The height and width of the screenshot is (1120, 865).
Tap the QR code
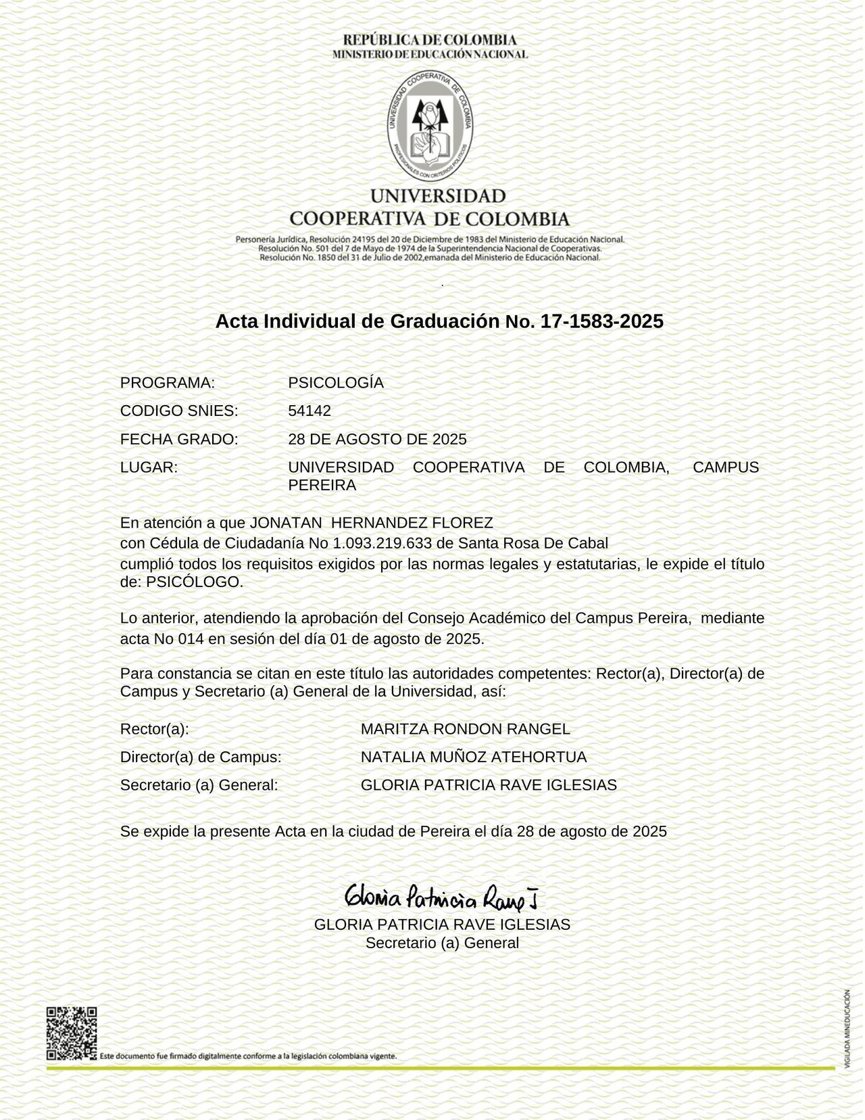click(x=71, y=1033)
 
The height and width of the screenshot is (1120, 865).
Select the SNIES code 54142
click(x=310, y=411)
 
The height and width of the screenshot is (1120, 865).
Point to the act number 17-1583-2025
click(x=602, y=321)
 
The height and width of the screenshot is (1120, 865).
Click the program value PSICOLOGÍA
click(x=336, y=383)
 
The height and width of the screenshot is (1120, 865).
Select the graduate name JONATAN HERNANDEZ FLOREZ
click(x=371, y=523)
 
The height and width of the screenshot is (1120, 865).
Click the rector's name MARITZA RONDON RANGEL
click(x=465, y=729)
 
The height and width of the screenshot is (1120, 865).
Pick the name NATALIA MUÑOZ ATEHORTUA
click(x=474, y=757)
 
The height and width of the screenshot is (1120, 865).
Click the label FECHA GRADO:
click(x=179, y=440)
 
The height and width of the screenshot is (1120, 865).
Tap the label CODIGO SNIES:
click(x=179, y=411)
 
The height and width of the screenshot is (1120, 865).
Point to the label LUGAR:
click(x=149, y=467)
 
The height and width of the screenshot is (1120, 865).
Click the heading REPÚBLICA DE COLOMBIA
click(x=430, y=40)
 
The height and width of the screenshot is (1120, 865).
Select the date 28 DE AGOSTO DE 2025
click(x=377, y=440)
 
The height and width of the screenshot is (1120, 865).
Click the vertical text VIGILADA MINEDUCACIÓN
click(x=847, y=1029)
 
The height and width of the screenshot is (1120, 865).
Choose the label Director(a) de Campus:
click(x=201, y=757)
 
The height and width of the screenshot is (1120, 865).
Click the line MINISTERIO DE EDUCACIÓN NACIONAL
click(x=430, y=54)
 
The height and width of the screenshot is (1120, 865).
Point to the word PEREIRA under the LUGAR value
click(x=322, y=486)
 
